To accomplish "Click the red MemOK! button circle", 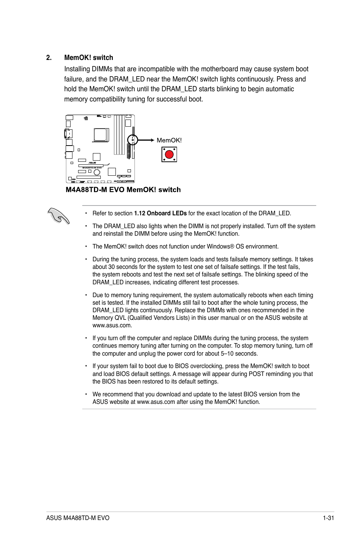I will click(169, 154).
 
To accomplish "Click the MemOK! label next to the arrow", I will click(169, 140).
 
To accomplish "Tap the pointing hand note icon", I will click(59, 216).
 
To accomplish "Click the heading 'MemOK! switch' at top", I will click(89, 58).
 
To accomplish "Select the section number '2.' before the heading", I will click(48, 58).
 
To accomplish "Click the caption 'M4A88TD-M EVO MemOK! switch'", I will click(123, 190).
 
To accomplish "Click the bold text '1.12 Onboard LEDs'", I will click(160, 213).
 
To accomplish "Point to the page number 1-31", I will click(328, 518).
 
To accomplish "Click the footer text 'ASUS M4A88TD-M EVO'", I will click(78, 518).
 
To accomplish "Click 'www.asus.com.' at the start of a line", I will click(112, 325).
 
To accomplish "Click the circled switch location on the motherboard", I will click(131, 140).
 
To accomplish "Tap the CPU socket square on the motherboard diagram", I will click(101, 135).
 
